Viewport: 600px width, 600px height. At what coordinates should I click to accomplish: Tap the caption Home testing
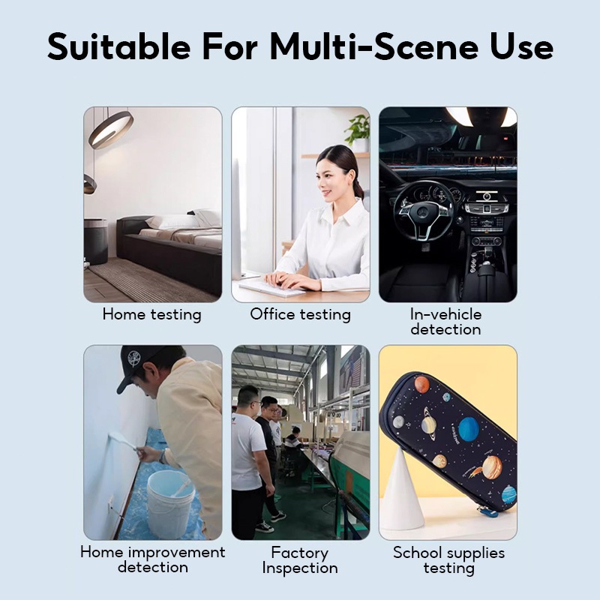coord(152,315)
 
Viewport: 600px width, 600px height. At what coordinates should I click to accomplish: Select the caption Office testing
coord(301,315)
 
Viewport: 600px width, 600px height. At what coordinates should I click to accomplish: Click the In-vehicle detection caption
coord(445,322)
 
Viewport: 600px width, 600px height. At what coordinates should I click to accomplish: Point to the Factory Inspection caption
coord(300,560)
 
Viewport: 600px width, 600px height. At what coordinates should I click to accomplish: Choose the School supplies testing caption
coord(448,560)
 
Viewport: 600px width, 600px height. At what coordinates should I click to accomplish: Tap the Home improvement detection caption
coord(153,559)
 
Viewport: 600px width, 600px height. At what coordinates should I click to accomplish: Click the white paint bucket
coord(170,503)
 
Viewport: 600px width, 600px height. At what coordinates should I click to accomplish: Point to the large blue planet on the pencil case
coord(468,429)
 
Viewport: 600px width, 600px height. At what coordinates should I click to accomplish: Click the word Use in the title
coord(521,46)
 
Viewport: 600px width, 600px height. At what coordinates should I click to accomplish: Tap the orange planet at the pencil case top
coord(421,384)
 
